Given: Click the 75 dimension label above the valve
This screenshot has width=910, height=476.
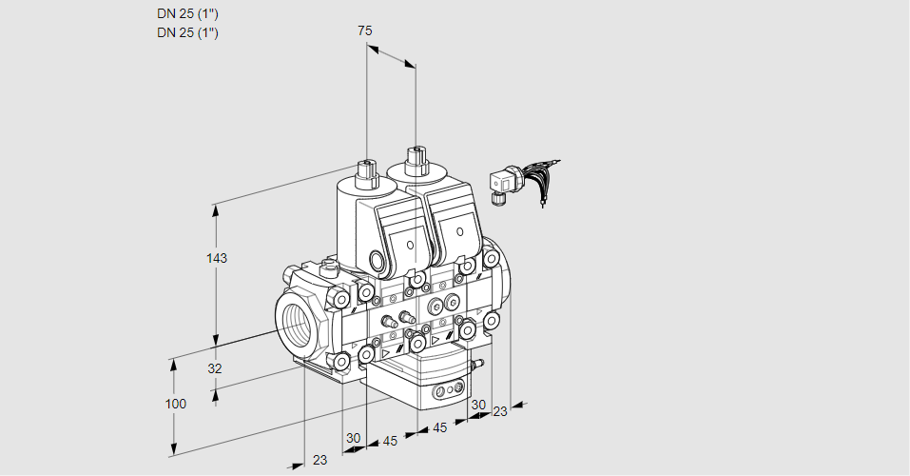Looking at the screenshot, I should click(364, 30).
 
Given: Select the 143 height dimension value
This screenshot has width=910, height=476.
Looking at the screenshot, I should click(219, 258).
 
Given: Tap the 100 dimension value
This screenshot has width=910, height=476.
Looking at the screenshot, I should click(175, 404).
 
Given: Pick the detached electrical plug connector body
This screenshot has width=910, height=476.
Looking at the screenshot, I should click(501, 183).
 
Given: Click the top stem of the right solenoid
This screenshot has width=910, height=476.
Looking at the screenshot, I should click(416, 159).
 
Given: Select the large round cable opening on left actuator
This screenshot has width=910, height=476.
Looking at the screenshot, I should click(379, 260).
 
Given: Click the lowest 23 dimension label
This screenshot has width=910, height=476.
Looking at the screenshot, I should click(319, 460).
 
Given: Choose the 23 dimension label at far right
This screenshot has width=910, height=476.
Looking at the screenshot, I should click(500, 411).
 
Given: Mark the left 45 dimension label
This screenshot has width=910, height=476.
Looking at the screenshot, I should click(390, 441).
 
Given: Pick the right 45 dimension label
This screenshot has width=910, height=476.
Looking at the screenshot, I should click(440, 427).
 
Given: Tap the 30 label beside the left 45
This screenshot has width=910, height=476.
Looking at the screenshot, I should click(354, 438).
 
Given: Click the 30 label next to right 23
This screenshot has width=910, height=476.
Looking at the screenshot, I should click(478, 404).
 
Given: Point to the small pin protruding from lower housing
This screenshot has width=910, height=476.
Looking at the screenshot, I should click(478, 364).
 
